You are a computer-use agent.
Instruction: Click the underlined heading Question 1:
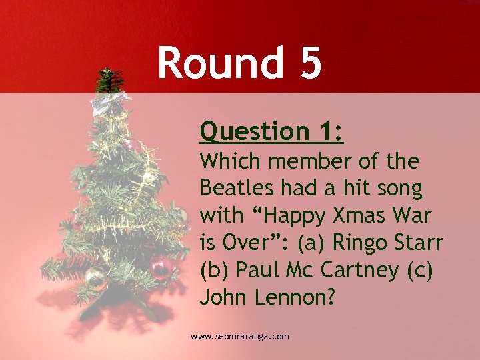271,131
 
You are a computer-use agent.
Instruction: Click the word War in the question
415,217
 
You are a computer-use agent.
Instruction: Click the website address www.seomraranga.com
240,337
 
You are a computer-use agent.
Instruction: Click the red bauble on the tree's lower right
160,267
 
